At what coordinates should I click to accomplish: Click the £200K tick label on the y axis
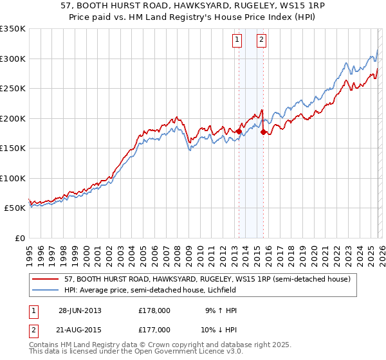pos(12,118)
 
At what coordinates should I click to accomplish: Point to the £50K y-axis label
pos(15,208)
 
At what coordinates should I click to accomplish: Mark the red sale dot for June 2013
pos(239,132)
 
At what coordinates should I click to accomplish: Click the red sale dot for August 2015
pos(263,132)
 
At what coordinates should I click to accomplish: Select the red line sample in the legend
pos(46,280)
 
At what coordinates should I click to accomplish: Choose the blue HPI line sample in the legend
pos(46,290)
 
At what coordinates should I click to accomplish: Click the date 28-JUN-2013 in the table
pos(80,310)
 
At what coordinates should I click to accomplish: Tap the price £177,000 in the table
pos(154,329)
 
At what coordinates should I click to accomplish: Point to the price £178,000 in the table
pos(154,310)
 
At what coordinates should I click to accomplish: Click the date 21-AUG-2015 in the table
pos(80,329)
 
